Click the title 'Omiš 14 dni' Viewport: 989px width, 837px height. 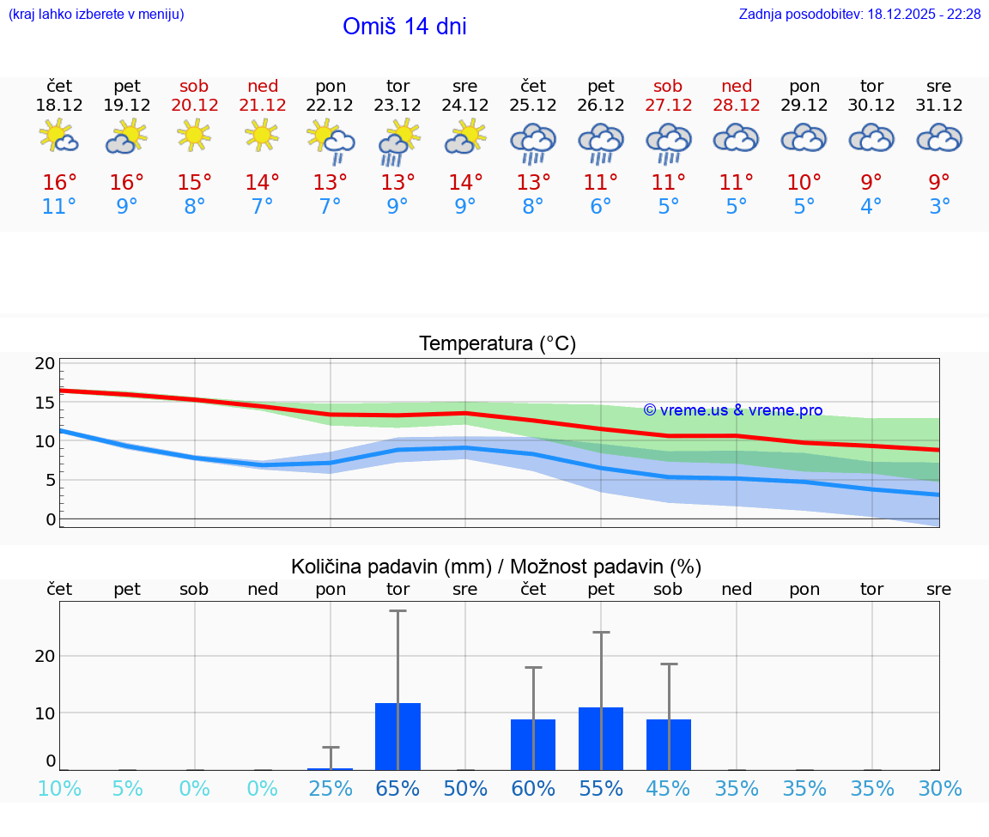pyautogui.click(x=404, y=27)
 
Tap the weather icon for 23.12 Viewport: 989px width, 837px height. pyautogui.click(x=397, y=141)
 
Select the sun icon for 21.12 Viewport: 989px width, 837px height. pyautogui.click(x=262, y=135)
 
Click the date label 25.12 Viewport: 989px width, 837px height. pyautogui.click(x=533, y=106)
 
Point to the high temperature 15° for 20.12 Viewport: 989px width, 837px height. pyautogui.click(x=195, y=183)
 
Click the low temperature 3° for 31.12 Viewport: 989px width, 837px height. pyautogui.click(x=939, y=207)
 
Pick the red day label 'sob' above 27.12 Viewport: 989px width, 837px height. pyautogui.click(x=668, y=86)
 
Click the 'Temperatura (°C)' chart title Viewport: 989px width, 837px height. pyautogui.click(x=497, y=344)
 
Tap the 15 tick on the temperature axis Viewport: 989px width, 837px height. pyautogui.click(x=45, y=403)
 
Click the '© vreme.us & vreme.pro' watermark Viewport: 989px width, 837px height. pyautogui.click(x=732, y=410)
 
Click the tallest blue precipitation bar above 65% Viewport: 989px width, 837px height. pyautogui.click(x=397, y=736)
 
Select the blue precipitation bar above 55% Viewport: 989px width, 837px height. pyautogui.click(x=601, y=738)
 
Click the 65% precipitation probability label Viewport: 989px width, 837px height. pyautogui.click(x=397, y=789)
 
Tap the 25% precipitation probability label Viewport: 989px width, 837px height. pyautogui.click(x=331, y=789)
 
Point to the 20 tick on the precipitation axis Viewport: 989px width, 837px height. pyautogui.click(x=45, y=656)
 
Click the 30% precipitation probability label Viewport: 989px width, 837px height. pyautogui.click(x=939, y=789)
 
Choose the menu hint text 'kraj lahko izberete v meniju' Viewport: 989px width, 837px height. pyautogui.click(x=96, y=15)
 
